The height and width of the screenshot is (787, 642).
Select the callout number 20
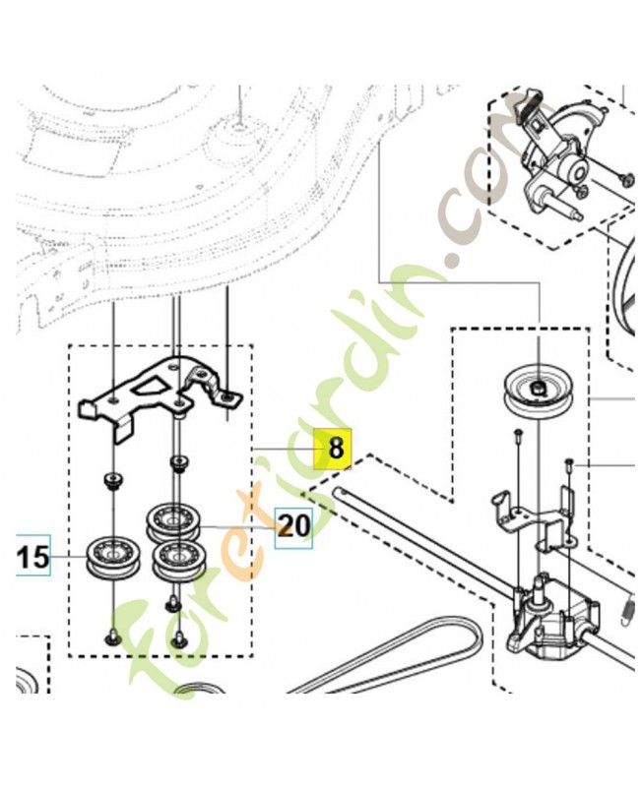coord(293,526)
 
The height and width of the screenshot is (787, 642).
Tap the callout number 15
coord(33,557)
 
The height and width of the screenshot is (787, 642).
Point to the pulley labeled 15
coord(110,557)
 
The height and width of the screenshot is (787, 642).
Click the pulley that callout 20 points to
coord(173,522)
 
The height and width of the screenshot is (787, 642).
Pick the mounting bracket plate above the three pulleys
coord(160,396)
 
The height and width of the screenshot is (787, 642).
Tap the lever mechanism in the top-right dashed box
coord(557,155)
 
